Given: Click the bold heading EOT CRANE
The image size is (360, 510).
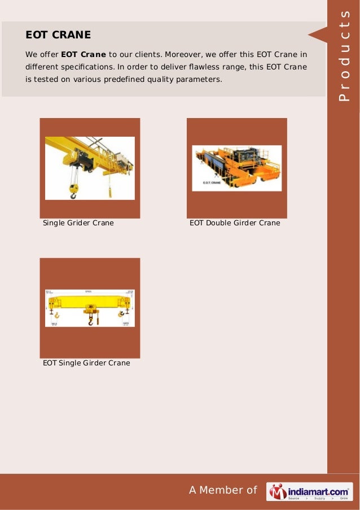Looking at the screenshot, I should point(58,35).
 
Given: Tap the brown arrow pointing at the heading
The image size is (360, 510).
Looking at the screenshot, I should point(317,35).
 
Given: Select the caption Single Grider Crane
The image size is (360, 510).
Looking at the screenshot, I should point(78,223).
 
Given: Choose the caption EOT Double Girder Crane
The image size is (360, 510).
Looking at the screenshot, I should point(235,223).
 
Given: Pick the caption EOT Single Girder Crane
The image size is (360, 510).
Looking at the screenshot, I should point(86,363).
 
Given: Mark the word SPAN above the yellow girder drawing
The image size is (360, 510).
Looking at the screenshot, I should point(88,292).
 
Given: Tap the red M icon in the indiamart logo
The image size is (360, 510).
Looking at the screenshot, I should point(277,492).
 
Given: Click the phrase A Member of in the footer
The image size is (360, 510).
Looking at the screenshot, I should point(223,490).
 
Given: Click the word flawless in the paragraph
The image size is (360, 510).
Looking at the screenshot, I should point(210,67).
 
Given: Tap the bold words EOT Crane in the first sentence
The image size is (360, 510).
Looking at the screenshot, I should point(84,54).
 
